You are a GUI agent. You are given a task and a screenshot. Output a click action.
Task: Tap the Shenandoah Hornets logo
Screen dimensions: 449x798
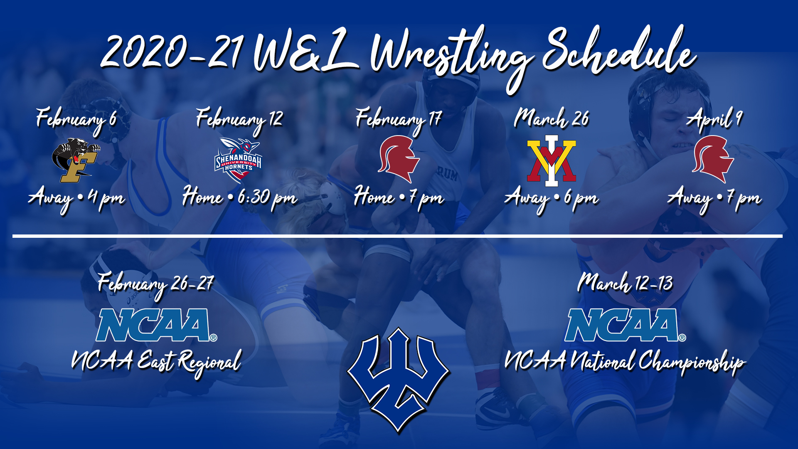tap(238, 160)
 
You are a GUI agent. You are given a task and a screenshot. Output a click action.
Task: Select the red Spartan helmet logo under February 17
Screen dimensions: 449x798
tap(399, 159)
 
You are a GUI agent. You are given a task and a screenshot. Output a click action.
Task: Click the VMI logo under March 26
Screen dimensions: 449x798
tap(552, 160)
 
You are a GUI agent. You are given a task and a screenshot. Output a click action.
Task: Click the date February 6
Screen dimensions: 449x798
tap(76, 120)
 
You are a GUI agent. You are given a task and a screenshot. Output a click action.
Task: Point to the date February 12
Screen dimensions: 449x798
tap(239, 120)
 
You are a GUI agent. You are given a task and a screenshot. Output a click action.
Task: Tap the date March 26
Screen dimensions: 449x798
tap(552, 119)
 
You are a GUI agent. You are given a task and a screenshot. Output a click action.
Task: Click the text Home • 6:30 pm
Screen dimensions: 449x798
tap(240, 197)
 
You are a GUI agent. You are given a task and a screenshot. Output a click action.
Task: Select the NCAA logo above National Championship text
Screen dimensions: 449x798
tap(625, 325)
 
